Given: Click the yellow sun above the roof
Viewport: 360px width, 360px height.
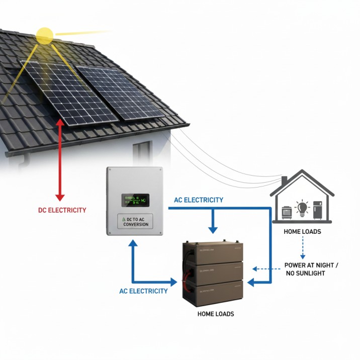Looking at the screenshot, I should coord(45,35).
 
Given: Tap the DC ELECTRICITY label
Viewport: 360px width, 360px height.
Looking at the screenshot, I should coord(62,210).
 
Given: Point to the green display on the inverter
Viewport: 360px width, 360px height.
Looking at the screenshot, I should coord(135,201).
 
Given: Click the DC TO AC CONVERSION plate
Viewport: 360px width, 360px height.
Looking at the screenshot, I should coord(135,221).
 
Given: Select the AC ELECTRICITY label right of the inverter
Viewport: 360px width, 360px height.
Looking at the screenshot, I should coord(199,200).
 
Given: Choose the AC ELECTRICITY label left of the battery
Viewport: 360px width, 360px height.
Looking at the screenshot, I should coord(143,291).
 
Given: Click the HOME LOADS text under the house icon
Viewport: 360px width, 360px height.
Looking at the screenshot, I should coord(303,232).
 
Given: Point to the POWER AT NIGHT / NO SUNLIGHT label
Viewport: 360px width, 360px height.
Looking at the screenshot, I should coord(311,269).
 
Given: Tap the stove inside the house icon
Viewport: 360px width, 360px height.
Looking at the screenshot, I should coord(287,212).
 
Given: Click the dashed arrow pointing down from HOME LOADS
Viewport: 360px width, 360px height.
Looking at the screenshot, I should coord(302,246).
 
